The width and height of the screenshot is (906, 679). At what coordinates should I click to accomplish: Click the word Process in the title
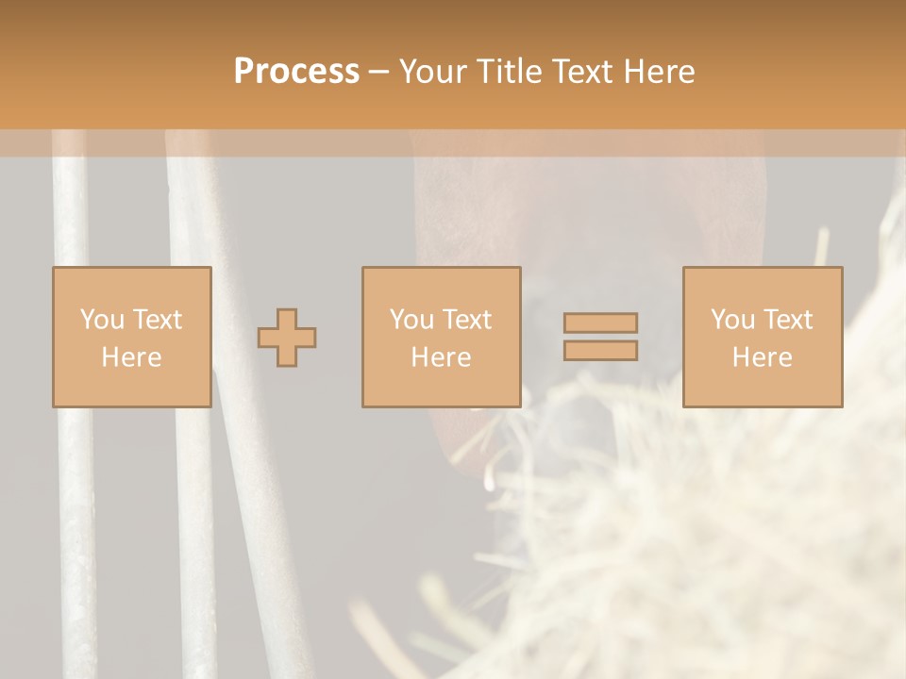[x=296, y=72]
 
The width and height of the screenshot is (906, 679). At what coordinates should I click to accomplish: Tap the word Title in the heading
[x=508, y=72]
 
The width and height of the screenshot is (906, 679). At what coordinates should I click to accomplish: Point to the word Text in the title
[x=580, y=72]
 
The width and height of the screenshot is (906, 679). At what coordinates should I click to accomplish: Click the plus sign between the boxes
[x=287, y=338]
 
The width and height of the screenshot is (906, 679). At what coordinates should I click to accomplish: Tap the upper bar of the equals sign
[x=600, y=323]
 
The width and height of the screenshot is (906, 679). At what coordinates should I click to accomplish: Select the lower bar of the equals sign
[x=600, y=351]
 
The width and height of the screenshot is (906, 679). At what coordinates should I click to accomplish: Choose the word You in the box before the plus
[x=102, y=320]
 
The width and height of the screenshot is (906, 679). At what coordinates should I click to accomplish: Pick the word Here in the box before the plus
[x=131, y=357]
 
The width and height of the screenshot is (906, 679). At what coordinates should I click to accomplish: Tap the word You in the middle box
[x=411, y=320]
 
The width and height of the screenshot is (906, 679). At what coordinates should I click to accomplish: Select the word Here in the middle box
[x=441, y=357]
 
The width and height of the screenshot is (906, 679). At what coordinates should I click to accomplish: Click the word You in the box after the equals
[x=732, y=320]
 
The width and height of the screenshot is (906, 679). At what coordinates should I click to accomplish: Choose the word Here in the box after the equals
[x=762, y=357]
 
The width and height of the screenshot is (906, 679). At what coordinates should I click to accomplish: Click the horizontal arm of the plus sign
[x=268, y=338]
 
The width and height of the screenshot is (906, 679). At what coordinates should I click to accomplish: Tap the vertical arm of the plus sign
[x=287, y=318]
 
